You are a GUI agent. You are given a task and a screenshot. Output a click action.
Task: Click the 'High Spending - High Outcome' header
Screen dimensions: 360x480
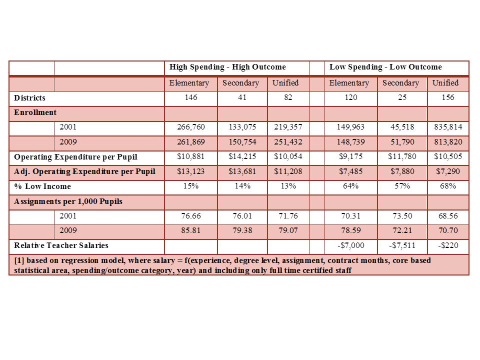tap(227, 67)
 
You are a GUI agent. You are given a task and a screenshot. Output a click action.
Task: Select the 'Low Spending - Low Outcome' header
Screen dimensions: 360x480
tap(385, 67)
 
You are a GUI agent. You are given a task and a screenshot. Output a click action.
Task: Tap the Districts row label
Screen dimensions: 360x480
tap(29, 98)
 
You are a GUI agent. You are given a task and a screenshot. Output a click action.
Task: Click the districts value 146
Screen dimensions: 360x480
tap(190, 97)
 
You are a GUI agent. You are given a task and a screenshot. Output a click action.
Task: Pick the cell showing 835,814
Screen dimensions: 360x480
tap(448, 127)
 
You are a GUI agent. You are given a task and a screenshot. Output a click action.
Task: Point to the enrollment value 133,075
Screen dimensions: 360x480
tap(242, 127)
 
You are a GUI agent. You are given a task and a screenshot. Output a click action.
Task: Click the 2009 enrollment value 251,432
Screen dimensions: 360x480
tap(287, 142)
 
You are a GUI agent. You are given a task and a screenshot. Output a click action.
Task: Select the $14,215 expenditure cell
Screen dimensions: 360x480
tap(242, 157)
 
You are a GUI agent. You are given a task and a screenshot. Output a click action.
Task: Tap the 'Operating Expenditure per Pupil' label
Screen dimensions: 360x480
tap(75, 157)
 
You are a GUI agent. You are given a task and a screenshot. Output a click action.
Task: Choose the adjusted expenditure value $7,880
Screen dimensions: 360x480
tap(400, 171)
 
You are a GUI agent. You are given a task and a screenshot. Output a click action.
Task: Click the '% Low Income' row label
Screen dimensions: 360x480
tap(42, 186)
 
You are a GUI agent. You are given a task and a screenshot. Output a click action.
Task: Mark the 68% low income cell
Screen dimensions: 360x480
tap(448, 186)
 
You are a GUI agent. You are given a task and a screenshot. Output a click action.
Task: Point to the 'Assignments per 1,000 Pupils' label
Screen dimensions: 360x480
tap(68, 201)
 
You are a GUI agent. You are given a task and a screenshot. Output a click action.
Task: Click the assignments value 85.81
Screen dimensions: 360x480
tap(190, 231)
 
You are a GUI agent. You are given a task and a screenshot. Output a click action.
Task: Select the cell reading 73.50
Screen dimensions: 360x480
tap(400, 216)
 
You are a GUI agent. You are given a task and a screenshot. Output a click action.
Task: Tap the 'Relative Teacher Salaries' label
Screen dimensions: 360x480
tap(61, 245)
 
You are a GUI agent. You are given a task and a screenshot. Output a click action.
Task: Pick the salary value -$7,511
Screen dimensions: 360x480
tap(400, 245)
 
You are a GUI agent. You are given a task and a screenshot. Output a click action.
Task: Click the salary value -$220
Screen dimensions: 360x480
tap(448, 245)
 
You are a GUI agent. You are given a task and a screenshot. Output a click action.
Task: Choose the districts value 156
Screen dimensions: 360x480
tap(448, 97)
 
